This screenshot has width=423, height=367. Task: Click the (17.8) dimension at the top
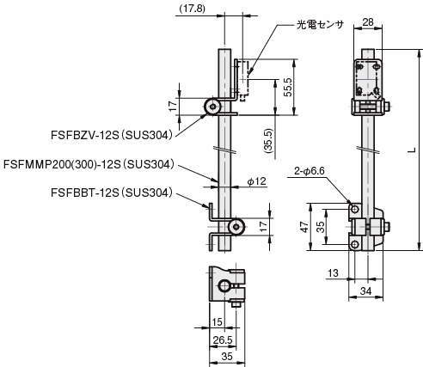point(192,9)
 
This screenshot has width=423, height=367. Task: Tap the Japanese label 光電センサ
point(320,25)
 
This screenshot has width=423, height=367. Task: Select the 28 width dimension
point(368,21)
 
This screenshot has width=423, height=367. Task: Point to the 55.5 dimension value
point(288,87)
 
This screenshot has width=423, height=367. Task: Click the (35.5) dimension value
point(269,141)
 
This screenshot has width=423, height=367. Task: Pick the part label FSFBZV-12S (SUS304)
point(112,135)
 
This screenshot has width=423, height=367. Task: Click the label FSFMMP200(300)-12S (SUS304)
point(89,164)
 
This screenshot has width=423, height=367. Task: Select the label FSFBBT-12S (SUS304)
point(112,193)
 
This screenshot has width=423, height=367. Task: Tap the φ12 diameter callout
point(256,181)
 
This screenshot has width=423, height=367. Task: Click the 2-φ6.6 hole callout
point(310,171)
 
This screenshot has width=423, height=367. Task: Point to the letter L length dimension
point(412,150)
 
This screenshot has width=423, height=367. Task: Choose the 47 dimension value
point(305,227)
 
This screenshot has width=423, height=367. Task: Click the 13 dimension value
point(333,273)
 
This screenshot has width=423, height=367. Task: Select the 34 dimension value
point(365,291)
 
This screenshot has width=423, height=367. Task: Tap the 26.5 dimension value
point(223,340)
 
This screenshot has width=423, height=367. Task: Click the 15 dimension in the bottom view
point(217,322)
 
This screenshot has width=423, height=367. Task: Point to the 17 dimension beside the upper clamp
point(173,107)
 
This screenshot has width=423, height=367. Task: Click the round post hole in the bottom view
point(224,286)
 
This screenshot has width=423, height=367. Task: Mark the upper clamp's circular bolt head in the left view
point(213,107)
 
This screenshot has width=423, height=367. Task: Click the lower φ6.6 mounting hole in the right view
point(355,245)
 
